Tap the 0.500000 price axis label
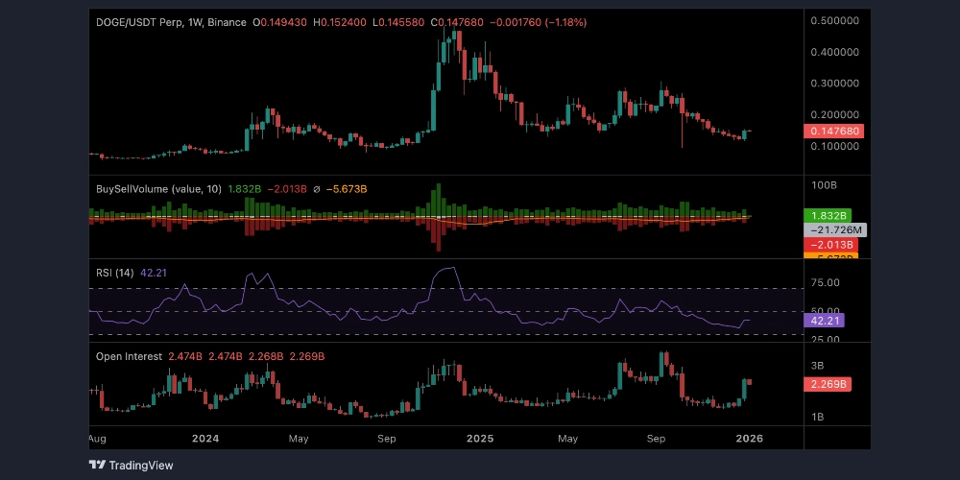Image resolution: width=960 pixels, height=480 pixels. (834, 20)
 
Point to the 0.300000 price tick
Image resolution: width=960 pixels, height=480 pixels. (834, 84)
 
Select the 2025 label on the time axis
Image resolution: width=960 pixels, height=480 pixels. (479, 438)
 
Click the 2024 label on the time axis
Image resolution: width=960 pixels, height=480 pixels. (205, 438)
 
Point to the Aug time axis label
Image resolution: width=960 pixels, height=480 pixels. (96, 438)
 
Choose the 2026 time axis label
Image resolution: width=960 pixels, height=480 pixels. (748, 438)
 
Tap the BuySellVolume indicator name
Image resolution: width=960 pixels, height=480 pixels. (132, 189)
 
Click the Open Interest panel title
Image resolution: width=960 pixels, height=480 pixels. (130, 356)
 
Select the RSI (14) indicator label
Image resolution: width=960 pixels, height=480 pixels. (115, 273)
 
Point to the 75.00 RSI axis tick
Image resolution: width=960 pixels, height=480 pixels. (827, 283)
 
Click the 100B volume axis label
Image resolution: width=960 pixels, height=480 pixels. (825, 183)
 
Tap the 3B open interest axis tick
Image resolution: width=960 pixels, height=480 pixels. (819, 366)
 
